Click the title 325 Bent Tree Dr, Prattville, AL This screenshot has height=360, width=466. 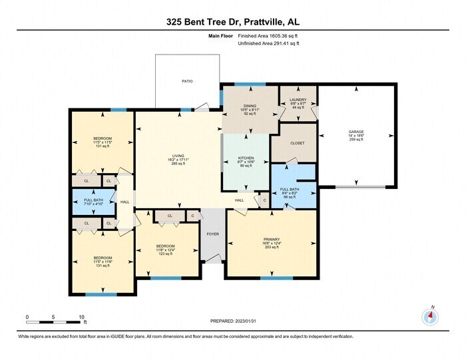coord(232,23)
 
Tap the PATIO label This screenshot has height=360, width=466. coord(188,81)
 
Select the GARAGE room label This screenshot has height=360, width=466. coord(356,132)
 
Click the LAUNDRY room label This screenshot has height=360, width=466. coord(298,100)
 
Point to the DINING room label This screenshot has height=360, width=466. coord(250,106)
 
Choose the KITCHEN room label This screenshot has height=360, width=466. coord(246,158)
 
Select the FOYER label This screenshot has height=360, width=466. coord(213,234)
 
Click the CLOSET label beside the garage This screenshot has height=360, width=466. coord(298,142)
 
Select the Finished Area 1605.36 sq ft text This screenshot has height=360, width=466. coord(268,37)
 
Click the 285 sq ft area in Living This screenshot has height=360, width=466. coord(176,164)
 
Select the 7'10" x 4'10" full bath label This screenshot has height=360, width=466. coord(93,204)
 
